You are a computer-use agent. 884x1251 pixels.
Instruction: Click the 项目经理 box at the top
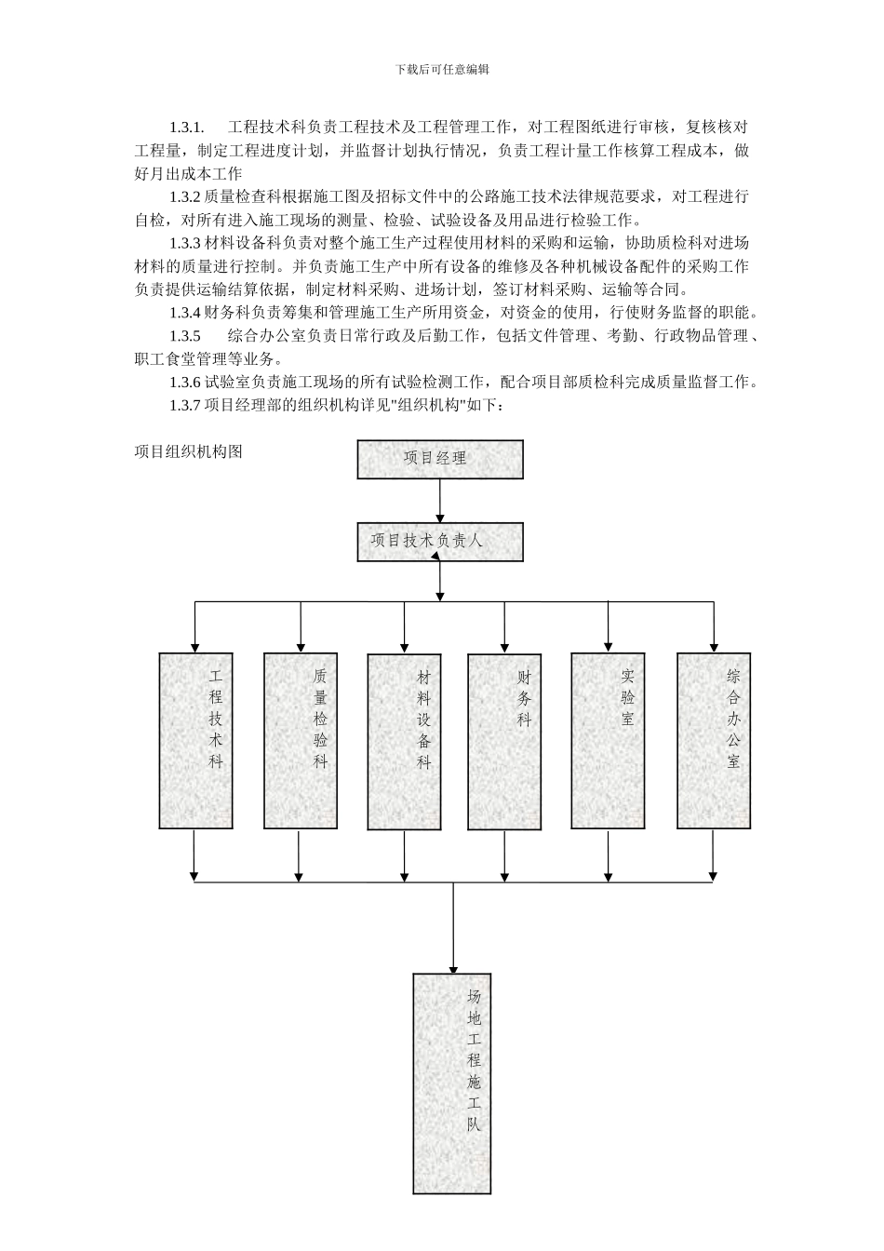pyautogui.click(x=440, y=459)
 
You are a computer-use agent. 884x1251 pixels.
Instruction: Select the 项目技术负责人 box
pyautogui.click(x=440, y=542)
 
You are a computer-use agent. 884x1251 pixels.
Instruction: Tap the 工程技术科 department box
pyautogui.click(x=195, y=740)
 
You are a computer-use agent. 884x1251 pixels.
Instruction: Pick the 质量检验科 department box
pyautogui.click(x=300, y=740)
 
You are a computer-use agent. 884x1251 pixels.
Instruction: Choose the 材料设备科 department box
pyautogui.click(x=404, y=740)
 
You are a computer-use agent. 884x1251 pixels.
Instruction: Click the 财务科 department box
pyautogui.click(x=504, y=740)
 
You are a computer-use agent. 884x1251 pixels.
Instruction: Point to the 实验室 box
pyautogui.click(x=609, y=740)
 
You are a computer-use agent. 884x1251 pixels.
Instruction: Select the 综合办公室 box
pyautogui.click(x=714, y=740)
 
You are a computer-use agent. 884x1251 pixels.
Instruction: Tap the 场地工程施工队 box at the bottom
pyautogui.click(x=452, y=1083)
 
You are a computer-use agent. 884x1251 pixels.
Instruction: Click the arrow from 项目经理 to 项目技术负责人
pyautogui.click(x=440, y=502)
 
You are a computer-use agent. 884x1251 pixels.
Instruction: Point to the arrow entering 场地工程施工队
pyautogui.click(x=453, y=931)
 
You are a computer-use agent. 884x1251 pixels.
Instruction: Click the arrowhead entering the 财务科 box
pyautogui.click(x=504, y=644)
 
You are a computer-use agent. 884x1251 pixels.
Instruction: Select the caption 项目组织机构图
pyautogui.click(x=189, y=451)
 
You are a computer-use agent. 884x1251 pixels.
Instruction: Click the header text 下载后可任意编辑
pyautogui.click(x=442, y=70)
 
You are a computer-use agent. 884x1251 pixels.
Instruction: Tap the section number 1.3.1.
pyautogui.click(x=187, y=127)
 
